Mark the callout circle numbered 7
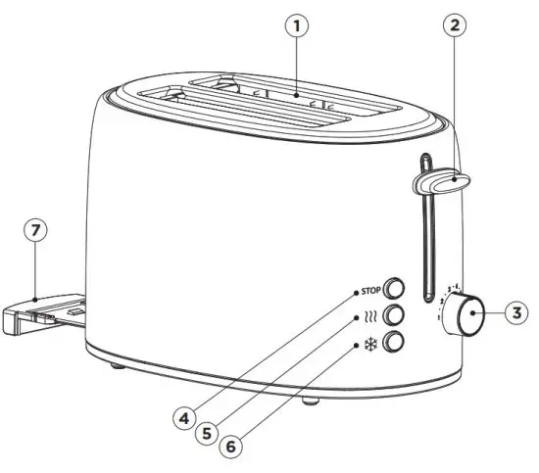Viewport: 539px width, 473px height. [x=35, y=230]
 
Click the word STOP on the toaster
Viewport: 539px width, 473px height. [x=368, y=291]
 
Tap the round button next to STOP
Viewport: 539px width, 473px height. [x=395, y=288]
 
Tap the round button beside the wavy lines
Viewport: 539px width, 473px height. [x=395, y=315]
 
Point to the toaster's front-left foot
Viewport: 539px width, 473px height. [x=119, y=364]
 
